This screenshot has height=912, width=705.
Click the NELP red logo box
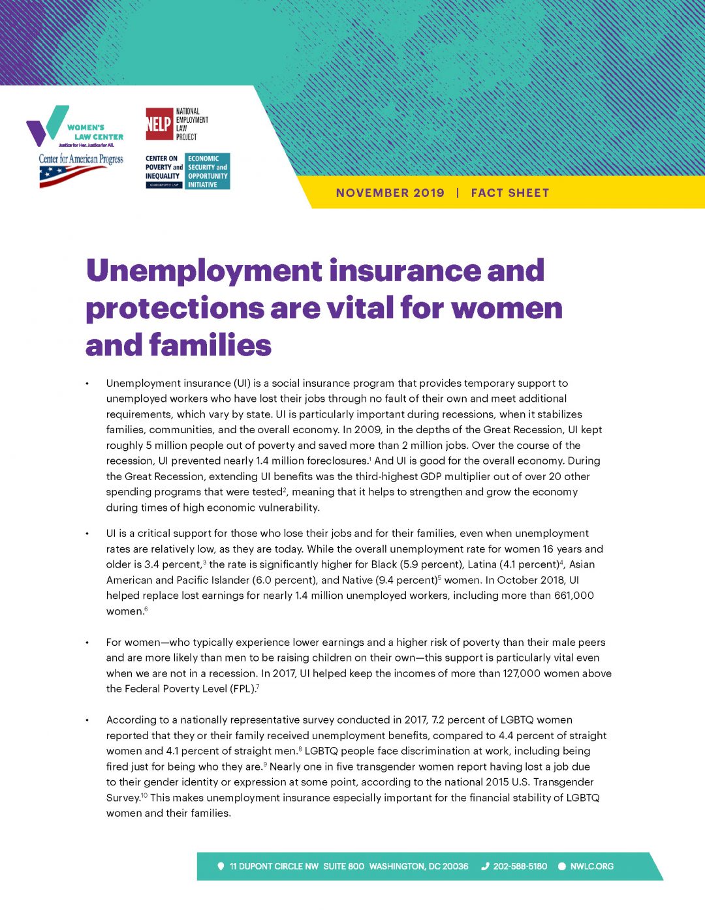click(159, 124)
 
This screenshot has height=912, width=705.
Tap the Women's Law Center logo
click(74, 127)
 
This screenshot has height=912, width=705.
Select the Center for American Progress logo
click(80, 170)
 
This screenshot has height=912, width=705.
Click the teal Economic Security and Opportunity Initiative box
click(208, 172)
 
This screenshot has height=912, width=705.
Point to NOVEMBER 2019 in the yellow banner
click(390, 193)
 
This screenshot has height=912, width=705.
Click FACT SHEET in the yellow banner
click(510, 193)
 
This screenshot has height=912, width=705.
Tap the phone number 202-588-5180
click(520, 866)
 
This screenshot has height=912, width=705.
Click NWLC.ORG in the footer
click(591, 866)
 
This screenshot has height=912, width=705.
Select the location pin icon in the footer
click(221, 866)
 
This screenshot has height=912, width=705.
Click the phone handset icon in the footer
click(485, 866)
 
